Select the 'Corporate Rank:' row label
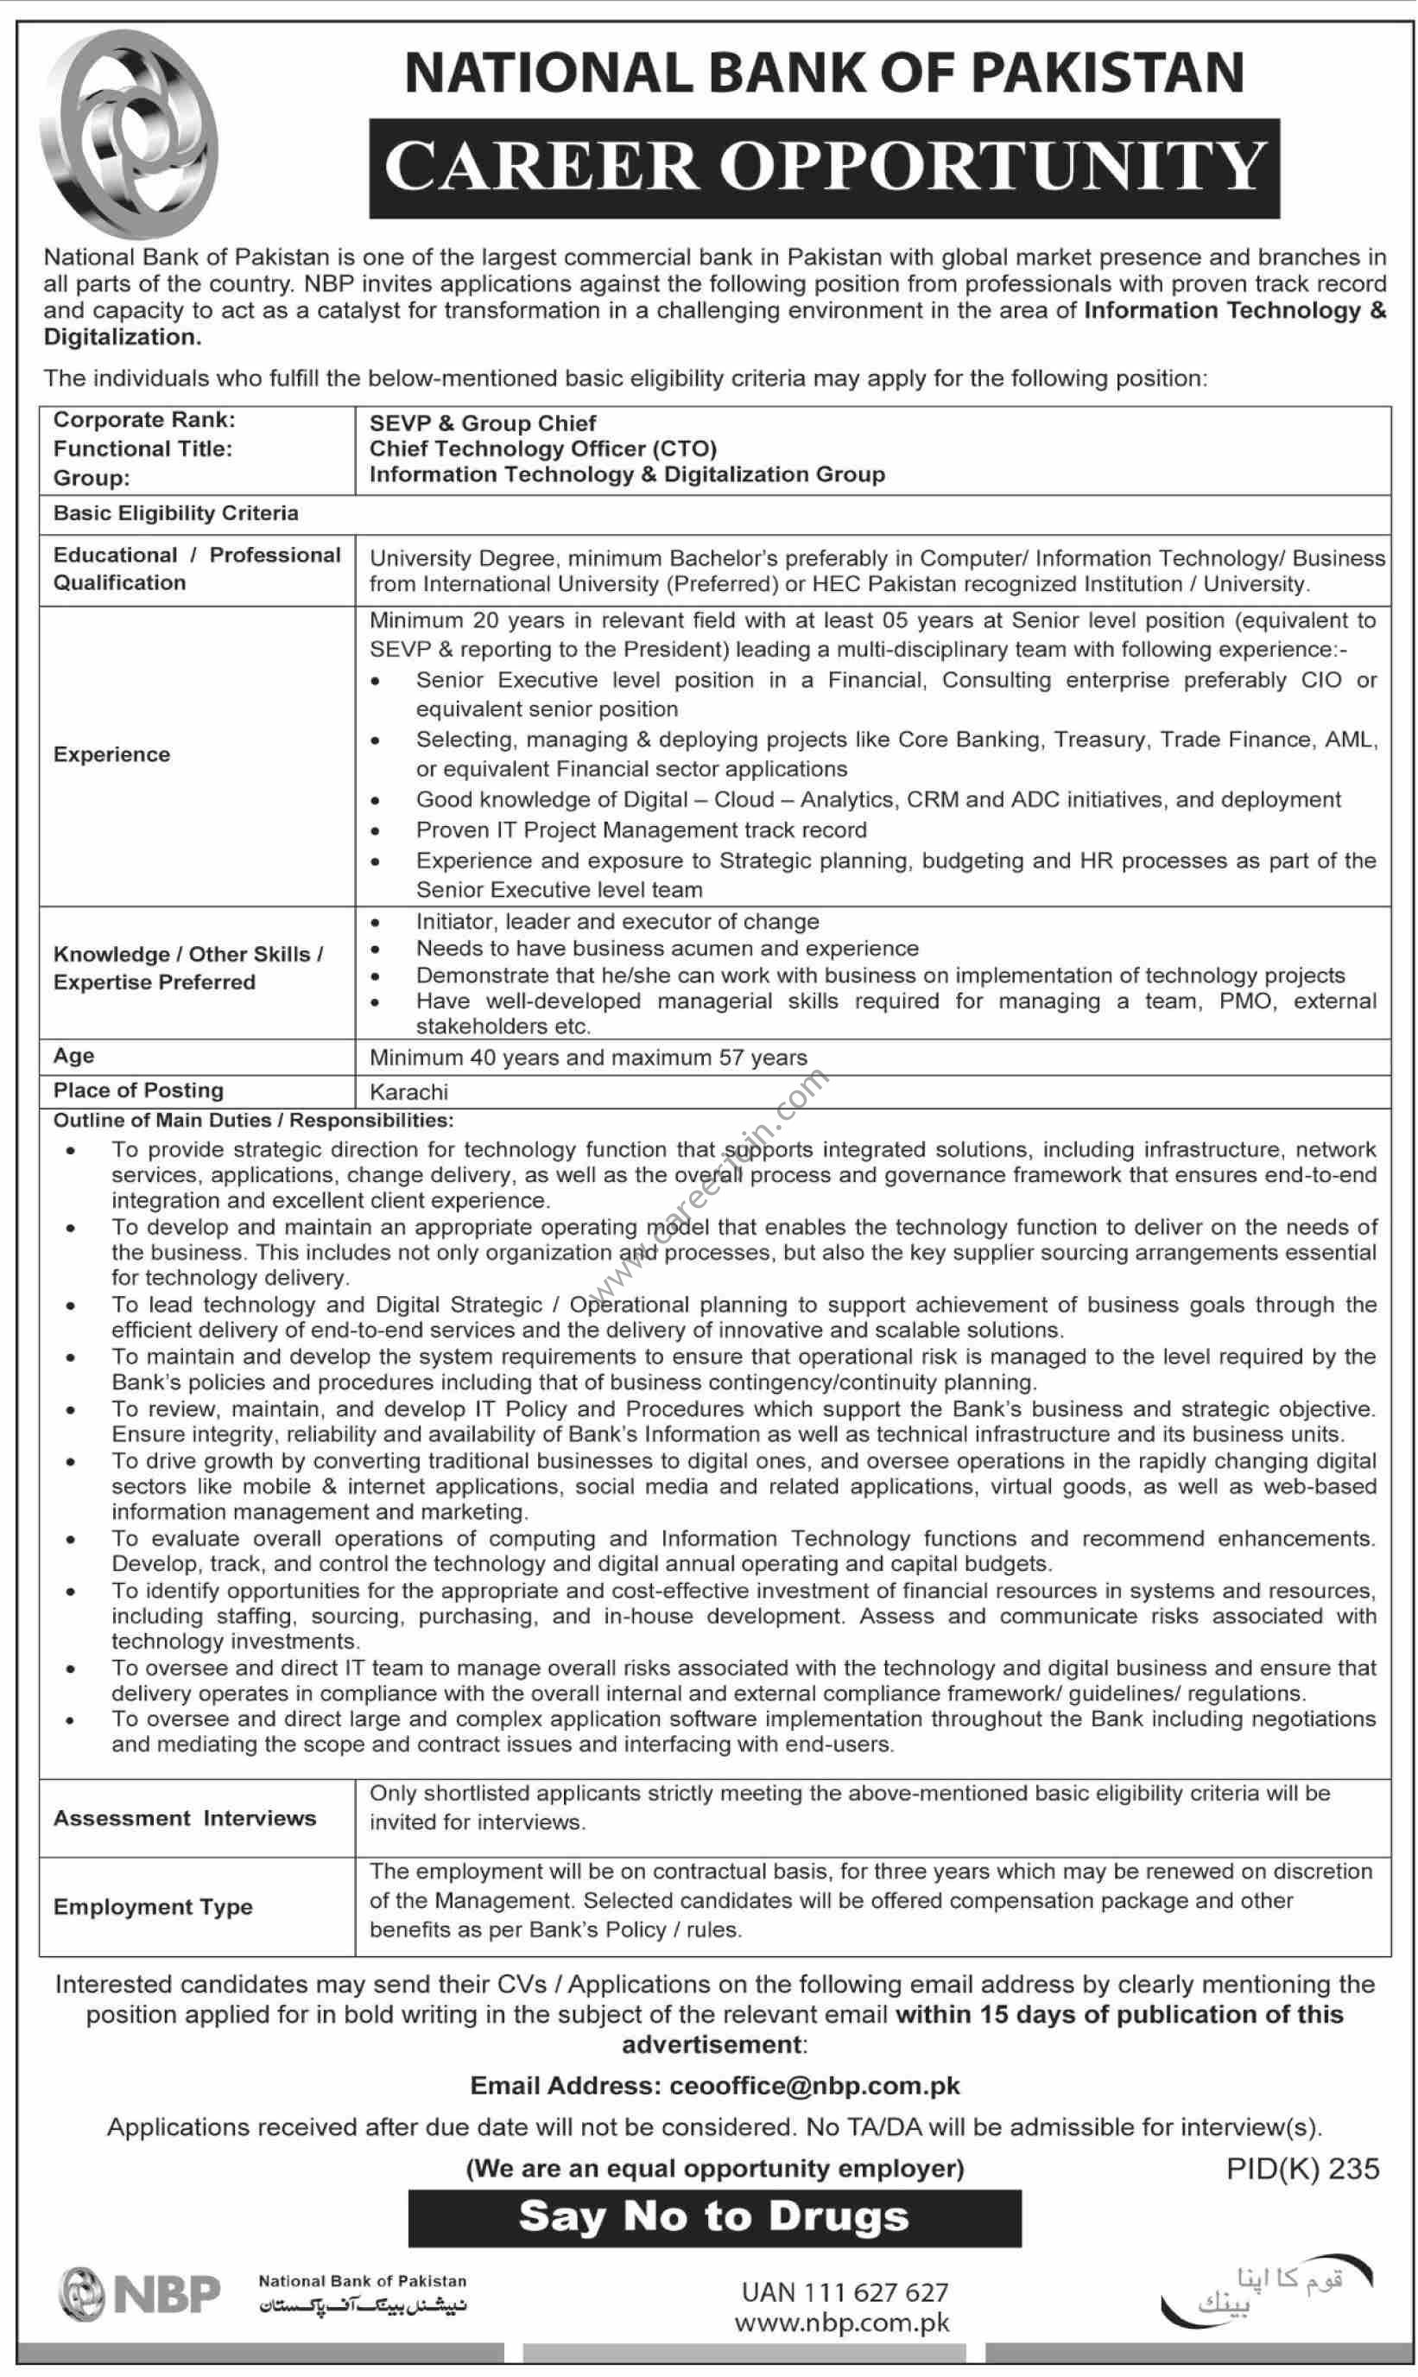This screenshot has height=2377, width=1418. click(144, 420)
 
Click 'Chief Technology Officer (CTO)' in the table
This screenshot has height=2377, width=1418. click(542, 448)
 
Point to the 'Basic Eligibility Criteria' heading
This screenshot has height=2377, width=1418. click(176, 513)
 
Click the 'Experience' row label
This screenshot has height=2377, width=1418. click(111, 754)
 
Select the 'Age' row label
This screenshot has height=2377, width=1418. click(73, 1055)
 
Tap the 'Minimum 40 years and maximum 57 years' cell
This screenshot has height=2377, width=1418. click(587, 1057)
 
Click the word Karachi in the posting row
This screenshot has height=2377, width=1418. click(408, 1091)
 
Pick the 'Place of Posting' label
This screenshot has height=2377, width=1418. click(138, 1090)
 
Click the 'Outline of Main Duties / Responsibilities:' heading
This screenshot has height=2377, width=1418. click(253, 1119)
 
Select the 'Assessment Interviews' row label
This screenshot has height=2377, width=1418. click(185, 1818)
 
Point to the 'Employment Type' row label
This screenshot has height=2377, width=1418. click(153, 1907)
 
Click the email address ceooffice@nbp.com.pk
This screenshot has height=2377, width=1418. click(815, 2086)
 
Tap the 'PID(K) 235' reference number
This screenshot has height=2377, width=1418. click(1302, 2169)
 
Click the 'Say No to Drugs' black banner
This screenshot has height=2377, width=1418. click(714, 2215)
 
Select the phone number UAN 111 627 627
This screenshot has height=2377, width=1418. click(845, 2292)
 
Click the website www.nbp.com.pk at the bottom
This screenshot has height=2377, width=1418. click(842, 2323)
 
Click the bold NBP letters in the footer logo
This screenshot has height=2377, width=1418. click(168, 2294)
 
